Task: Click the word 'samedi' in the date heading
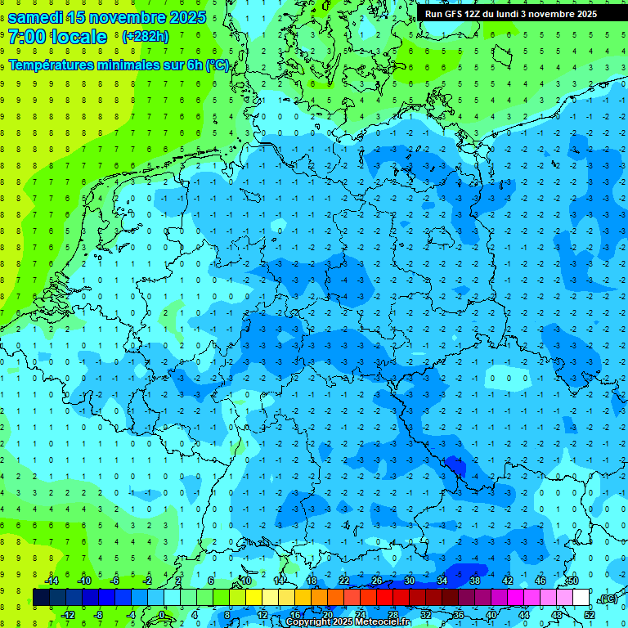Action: pyautogui.click(x=36, y=17)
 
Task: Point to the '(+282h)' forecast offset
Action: pyautogui.click(x=146, y=37)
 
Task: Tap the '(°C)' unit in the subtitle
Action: pyautogui.click(x=218, y=65)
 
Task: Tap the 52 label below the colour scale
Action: pyautogui.click(x=590, y=615)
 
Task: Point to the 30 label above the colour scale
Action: pyautogui.click(x=409, y=581)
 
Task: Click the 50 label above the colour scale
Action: pyautogui.click(x=572, y=581)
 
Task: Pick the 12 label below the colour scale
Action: pyautogui.click(x=262, y=615)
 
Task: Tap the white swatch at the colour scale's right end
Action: pyautogui.click(x=581, y=598)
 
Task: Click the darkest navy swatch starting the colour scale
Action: pyautogui.click(x=41, y=598)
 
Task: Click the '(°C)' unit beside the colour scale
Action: pyautogui.click(x=608, y=599)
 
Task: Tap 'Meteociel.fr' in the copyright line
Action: pyautogui.click(x=382, y=622)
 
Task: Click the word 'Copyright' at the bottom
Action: pyautogui.click(x=307, y=622)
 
